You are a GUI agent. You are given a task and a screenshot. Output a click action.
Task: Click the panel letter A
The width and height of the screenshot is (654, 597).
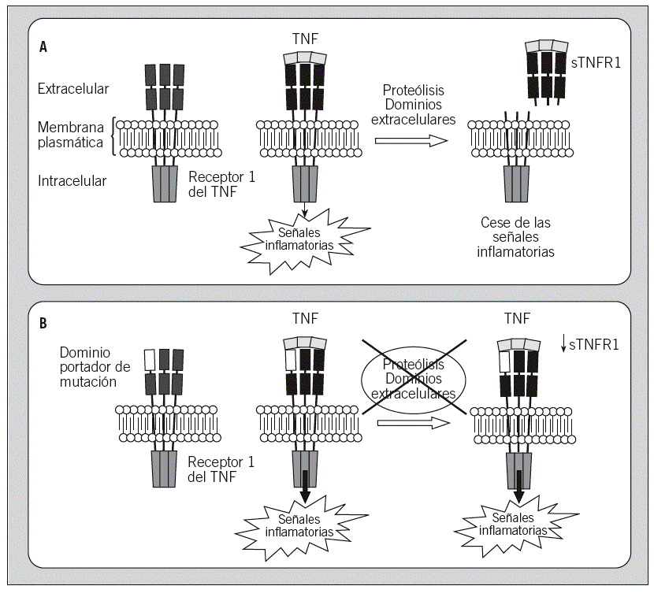pyautogui.click(x=43, y=46)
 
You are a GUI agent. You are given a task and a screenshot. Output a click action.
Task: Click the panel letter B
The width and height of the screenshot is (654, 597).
pyautogui.click(x=43, y=323)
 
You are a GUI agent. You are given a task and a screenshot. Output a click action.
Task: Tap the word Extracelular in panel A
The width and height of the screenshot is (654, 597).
pyautogui.click(x=73, y=90)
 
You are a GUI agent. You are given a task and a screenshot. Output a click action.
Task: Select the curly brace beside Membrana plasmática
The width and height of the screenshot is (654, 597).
pyautogui.click(x=117, y=136)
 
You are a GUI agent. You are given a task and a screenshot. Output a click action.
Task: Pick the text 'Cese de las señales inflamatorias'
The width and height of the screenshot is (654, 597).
pyautogui.click(x=517, y=237)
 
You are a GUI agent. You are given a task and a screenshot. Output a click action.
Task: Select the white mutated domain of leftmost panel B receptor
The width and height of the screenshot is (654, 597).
pyautogui.click(x=150, y=361)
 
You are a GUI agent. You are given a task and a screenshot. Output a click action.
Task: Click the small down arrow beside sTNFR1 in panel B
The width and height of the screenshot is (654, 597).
pyautogui.click(x=563, y=344)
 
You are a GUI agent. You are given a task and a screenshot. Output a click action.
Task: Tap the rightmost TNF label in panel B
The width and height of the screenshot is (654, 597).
pyautogui.click(x=518, y=319)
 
